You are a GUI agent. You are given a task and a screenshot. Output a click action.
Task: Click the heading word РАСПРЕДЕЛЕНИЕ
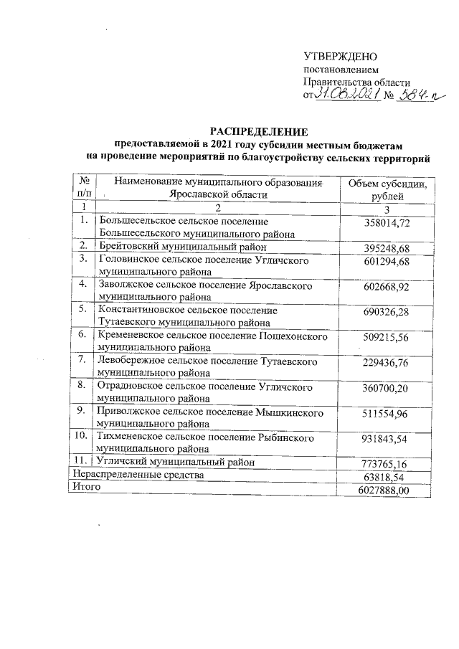click(257, 131)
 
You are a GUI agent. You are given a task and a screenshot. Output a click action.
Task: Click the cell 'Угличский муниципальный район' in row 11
click(177, 463)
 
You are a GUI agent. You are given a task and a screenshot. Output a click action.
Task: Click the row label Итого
click(84, 487)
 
